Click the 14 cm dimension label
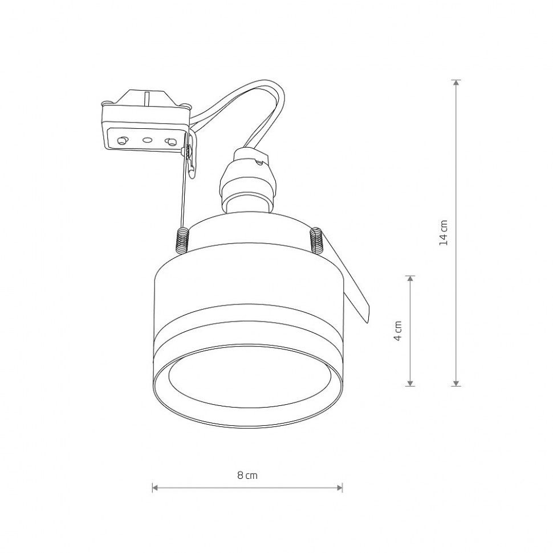pyautogui.click(x=444, y=233)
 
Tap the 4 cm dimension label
pyautogui.click(x=398, y=331)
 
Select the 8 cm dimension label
pyautogui.click(x=247, y=475)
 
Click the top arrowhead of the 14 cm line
pyautogui.click(x=456, y=83)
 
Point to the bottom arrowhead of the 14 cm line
pyautogui.click(x=456, y=383)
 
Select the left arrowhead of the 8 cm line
pyautogui.click(x=155, y=488)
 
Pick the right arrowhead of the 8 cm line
pyautogui.click(x=339, y=488)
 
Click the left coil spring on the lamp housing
pyautogui.click(x=182, y=241)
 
